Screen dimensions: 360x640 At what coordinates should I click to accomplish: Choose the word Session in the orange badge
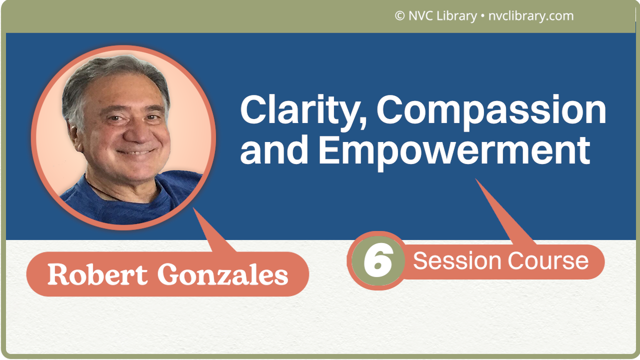[456, 261]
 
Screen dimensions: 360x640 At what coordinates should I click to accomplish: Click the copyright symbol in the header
[399, 16]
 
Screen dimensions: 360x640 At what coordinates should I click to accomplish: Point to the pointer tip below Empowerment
[476, 180]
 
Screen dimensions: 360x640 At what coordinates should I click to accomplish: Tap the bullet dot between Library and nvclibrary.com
[482, 16]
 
